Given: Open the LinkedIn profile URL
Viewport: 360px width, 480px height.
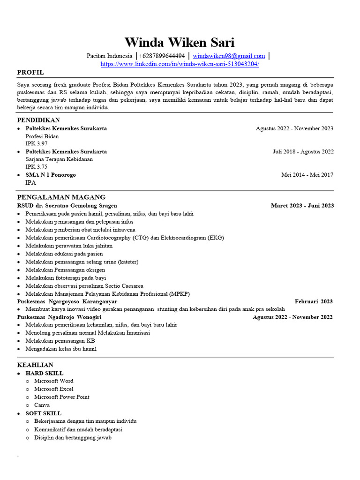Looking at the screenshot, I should point(180,64).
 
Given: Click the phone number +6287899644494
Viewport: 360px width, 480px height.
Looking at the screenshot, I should point(162,56).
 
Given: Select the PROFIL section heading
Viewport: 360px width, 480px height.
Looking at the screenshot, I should point(30,72).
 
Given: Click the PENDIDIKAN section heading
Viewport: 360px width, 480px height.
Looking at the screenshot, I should point(38,120).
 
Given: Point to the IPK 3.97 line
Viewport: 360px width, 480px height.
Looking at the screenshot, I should point(37,143).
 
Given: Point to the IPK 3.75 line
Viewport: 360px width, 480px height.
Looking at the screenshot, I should point(37,167).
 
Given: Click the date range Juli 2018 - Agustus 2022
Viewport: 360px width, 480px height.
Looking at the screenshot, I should point(303,151).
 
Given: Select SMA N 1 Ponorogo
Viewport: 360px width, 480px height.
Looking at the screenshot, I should point(51,175).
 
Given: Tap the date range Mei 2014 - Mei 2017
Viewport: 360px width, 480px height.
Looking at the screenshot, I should point(307,175).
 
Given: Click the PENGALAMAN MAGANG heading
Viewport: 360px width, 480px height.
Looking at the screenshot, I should point(61,197).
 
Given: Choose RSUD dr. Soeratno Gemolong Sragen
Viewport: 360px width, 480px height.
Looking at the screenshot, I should point(67,205).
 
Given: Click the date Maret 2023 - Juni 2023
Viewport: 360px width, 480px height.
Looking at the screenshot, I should point(302,205).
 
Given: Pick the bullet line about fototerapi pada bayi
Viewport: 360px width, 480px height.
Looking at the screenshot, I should point(66,277).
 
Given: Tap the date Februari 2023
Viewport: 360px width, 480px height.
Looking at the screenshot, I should point(314,301).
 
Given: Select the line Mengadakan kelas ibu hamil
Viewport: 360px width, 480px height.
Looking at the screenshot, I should point(61,349).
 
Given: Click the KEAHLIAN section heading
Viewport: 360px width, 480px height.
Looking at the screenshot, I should point(35,365).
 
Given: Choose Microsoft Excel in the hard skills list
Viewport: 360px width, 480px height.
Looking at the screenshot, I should point(53,389).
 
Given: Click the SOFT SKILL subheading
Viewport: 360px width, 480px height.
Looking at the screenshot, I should point(43,413).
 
